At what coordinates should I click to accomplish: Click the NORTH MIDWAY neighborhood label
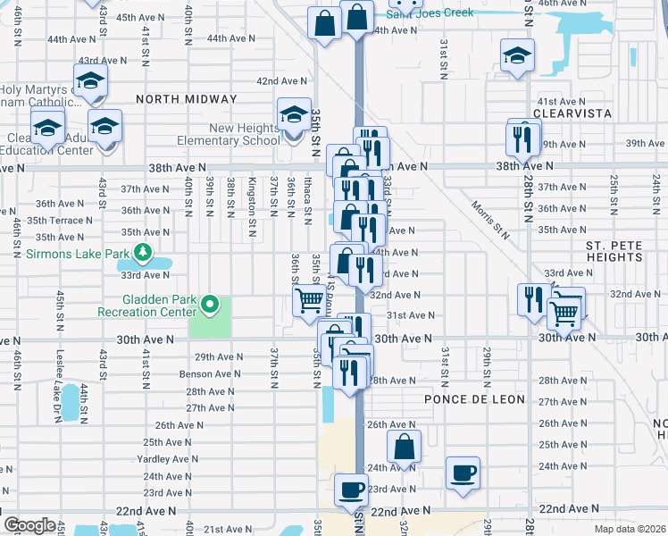coord(187,99)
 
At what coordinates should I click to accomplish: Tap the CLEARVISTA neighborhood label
coord(572,113)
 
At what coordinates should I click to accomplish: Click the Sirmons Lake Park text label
coord(79,254)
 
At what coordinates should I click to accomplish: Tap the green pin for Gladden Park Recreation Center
coord(210,305)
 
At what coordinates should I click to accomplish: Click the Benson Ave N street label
coord(210,373)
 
